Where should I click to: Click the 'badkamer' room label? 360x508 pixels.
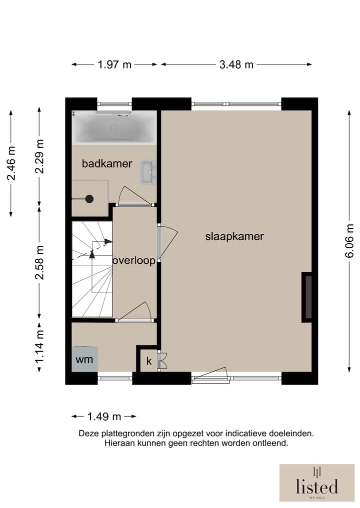pyautogui.click(x=106, y=164)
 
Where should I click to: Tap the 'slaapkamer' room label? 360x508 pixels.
pyautogui.click(x=234, y=236)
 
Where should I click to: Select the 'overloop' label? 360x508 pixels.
pyautogui.click(x=134, y=260)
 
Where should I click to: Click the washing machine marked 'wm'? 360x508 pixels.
pyautogui.click(x=84, y=359)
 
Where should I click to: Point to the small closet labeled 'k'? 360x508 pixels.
pyautogui.click(x=149, y=361)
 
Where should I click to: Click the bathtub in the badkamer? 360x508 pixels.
pyautogui.click(x=114, y=128)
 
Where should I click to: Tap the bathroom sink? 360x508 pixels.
pyautogui.click(x=148, y=172)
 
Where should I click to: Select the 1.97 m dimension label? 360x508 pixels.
pyautogui.click(x=114, y=65)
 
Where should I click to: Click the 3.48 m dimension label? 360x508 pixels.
pyautogui.click(x=236, y=65)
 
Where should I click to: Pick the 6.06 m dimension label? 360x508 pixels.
pyautogui.click(x=349, y=241)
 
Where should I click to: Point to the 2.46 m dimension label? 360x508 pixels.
pyautogui.click(x=11, y=163)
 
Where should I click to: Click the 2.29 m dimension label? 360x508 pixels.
pyautogui.click(x=39, y=156)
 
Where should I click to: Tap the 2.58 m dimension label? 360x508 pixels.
pyautogui.click(x=39, y=262)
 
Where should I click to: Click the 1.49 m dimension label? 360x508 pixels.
pyautogui.click(x=104, y=416)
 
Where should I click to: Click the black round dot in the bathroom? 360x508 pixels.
pyautogui.click(x=89, y=199)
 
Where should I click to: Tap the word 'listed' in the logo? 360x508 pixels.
pyautogui.click(x=317, y=487)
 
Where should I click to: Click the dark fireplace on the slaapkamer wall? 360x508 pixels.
pyautogui.click(x=307, y=297)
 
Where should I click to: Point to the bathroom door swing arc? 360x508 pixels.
pyautogui.click(x=122, y=194)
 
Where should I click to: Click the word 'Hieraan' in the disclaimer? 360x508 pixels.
pyautogui.click(x=119, y=443)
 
